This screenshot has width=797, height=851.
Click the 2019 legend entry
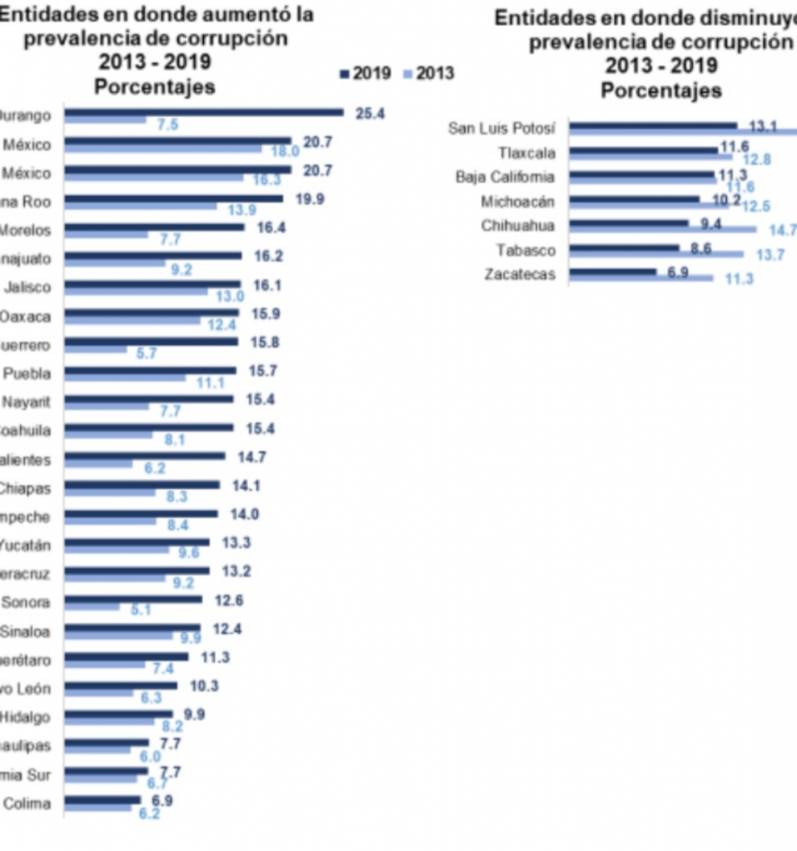(365, 74)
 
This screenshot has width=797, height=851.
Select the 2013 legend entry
(428, 74)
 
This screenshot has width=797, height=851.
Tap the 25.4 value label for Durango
(370, 113)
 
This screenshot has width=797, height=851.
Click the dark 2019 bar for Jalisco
(152, 284)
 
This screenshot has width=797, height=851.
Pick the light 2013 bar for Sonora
(92, 607)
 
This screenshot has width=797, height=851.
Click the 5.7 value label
(146, 353)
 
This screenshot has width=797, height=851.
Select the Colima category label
(27, 804)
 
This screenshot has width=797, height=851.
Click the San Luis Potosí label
(501, 128)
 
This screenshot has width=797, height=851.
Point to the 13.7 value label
(768, 255)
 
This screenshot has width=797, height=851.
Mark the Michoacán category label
(517, 201)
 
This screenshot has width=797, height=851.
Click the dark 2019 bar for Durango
(204, 112)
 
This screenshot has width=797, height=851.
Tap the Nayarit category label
(27, 402)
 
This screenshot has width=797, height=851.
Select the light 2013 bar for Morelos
(106, 234)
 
